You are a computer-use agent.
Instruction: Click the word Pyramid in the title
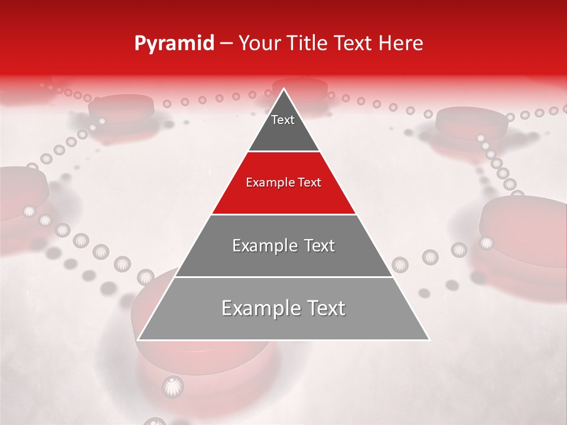pyautogui.click(x=174, y=44)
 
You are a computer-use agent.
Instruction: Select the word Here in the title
pyautogui.click(x=400, y=44)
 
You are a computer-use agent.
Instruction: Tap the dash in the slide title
pyautogui.click(x=226, y=44)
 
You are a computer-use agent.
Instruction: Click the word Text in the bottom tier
pyautogui.click(x=322, y=308)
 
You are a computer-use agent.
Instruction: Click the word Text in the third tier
pyautogui.click(x=315, y=246)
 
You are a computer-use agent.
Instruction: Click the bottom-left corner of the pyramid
pyautogui.click(x=139, y=339)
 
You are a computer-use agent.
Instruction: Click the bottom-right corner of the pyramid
pyautogui.click(x=428, y=339)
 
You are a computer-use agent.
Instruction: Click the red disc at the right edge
pyautogui.click(x=526, y=230)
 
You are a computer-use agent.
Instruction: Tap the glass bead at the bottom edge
pyautogui.click(x=155, y=421)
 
